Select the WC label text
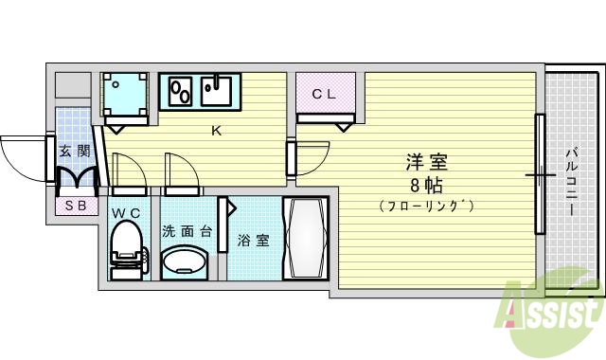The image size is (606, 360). (126, 213)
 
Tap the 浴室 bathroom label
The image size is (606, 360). (253, 241)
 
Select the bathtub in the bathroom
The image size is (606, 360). (306, 239)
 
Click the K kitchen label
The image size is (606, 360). (215, 130)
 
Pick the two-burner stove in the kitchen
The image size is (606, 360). (181, 92)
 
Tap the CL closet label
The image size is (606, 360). (324, 93)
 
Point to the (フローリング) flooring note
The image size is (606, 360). (425, 206)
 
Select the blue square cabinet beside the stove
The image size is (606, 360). (125, 94)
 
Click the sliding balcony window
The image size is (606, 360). (540, 174)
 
